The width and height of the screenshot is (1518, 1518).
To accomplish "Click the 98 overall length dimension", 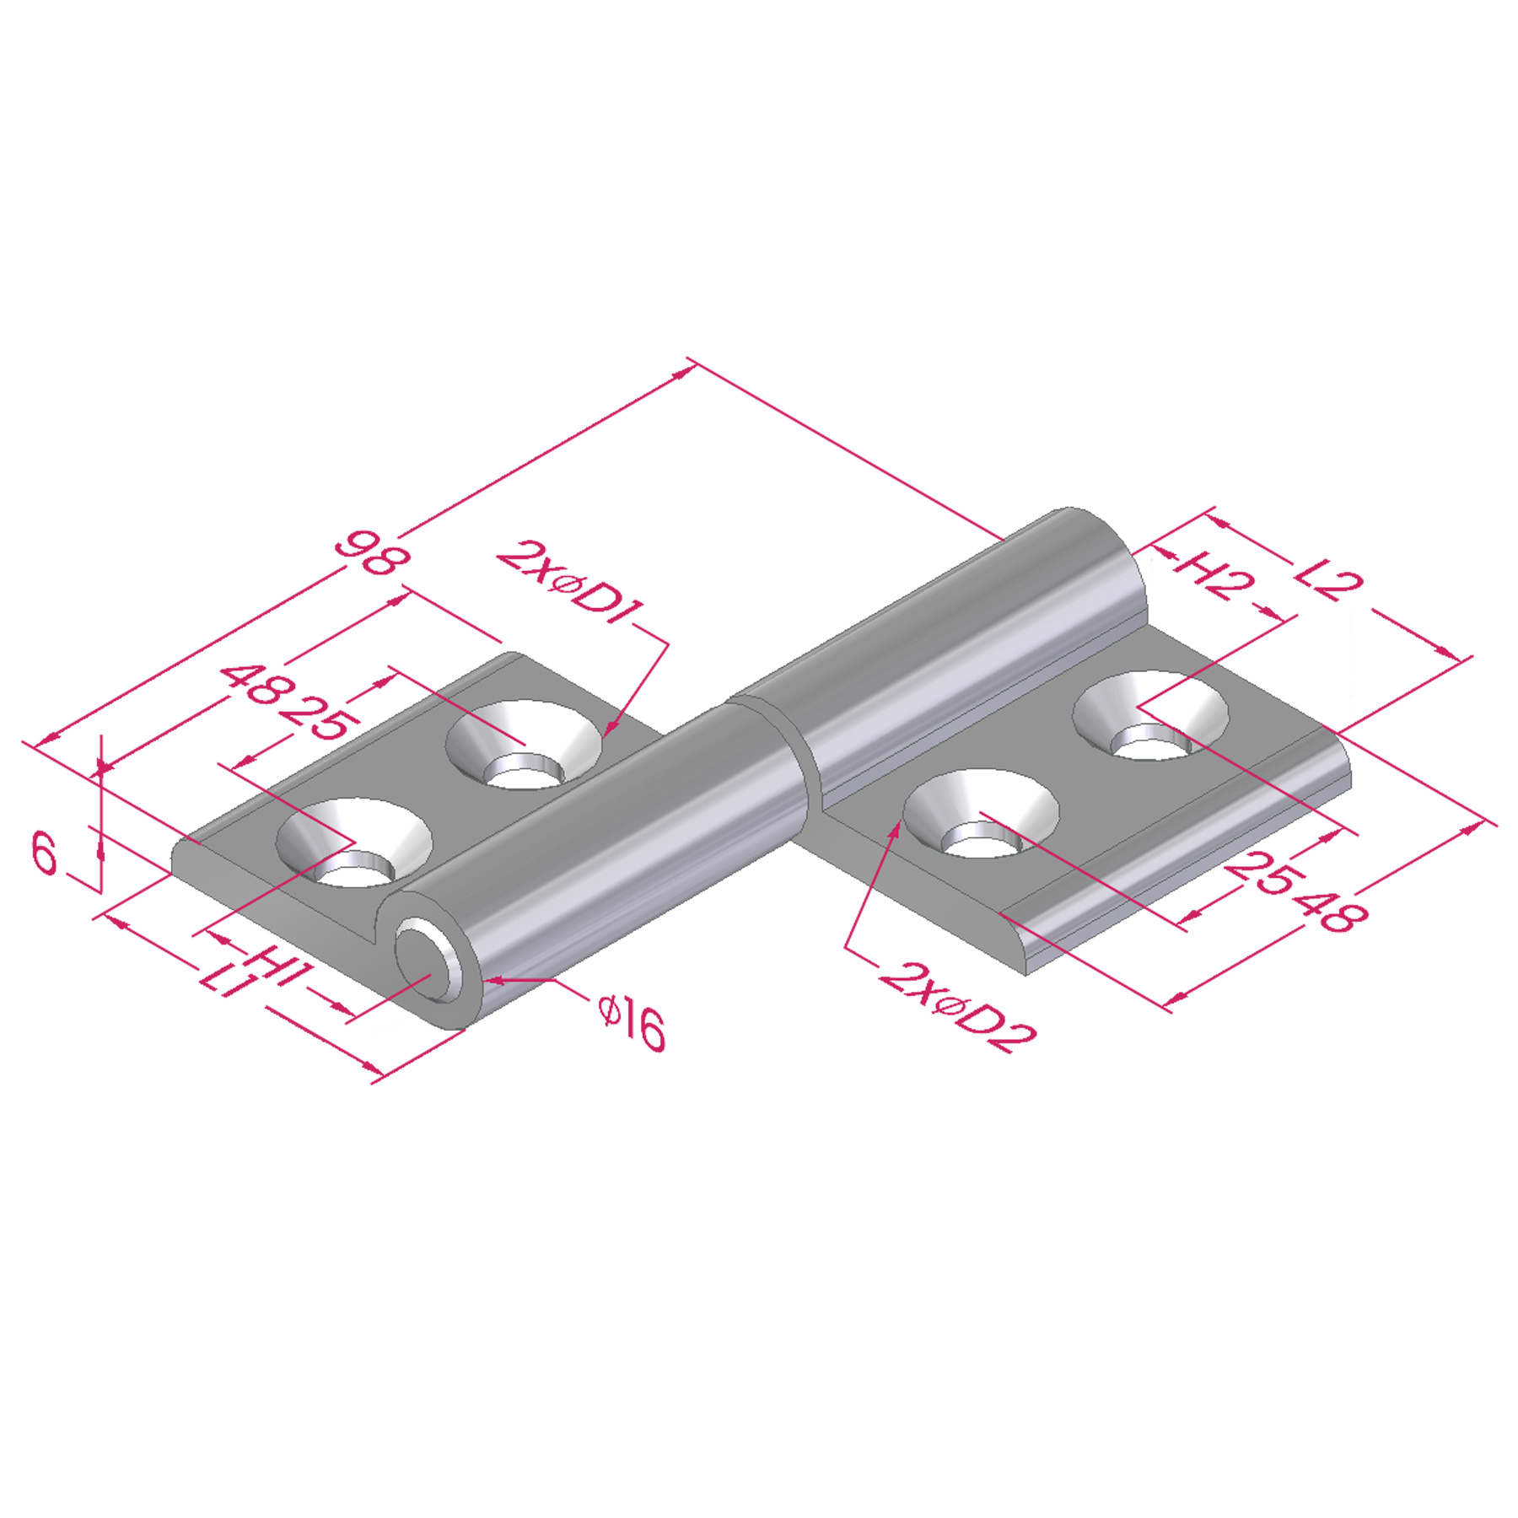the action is coord(372,553).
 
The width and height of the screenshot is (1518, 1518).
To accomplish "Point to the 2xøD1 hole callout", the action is coord(571,583).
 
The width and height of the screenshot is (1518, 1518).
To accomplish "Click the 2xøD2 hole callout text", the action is coord(958,1009).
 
